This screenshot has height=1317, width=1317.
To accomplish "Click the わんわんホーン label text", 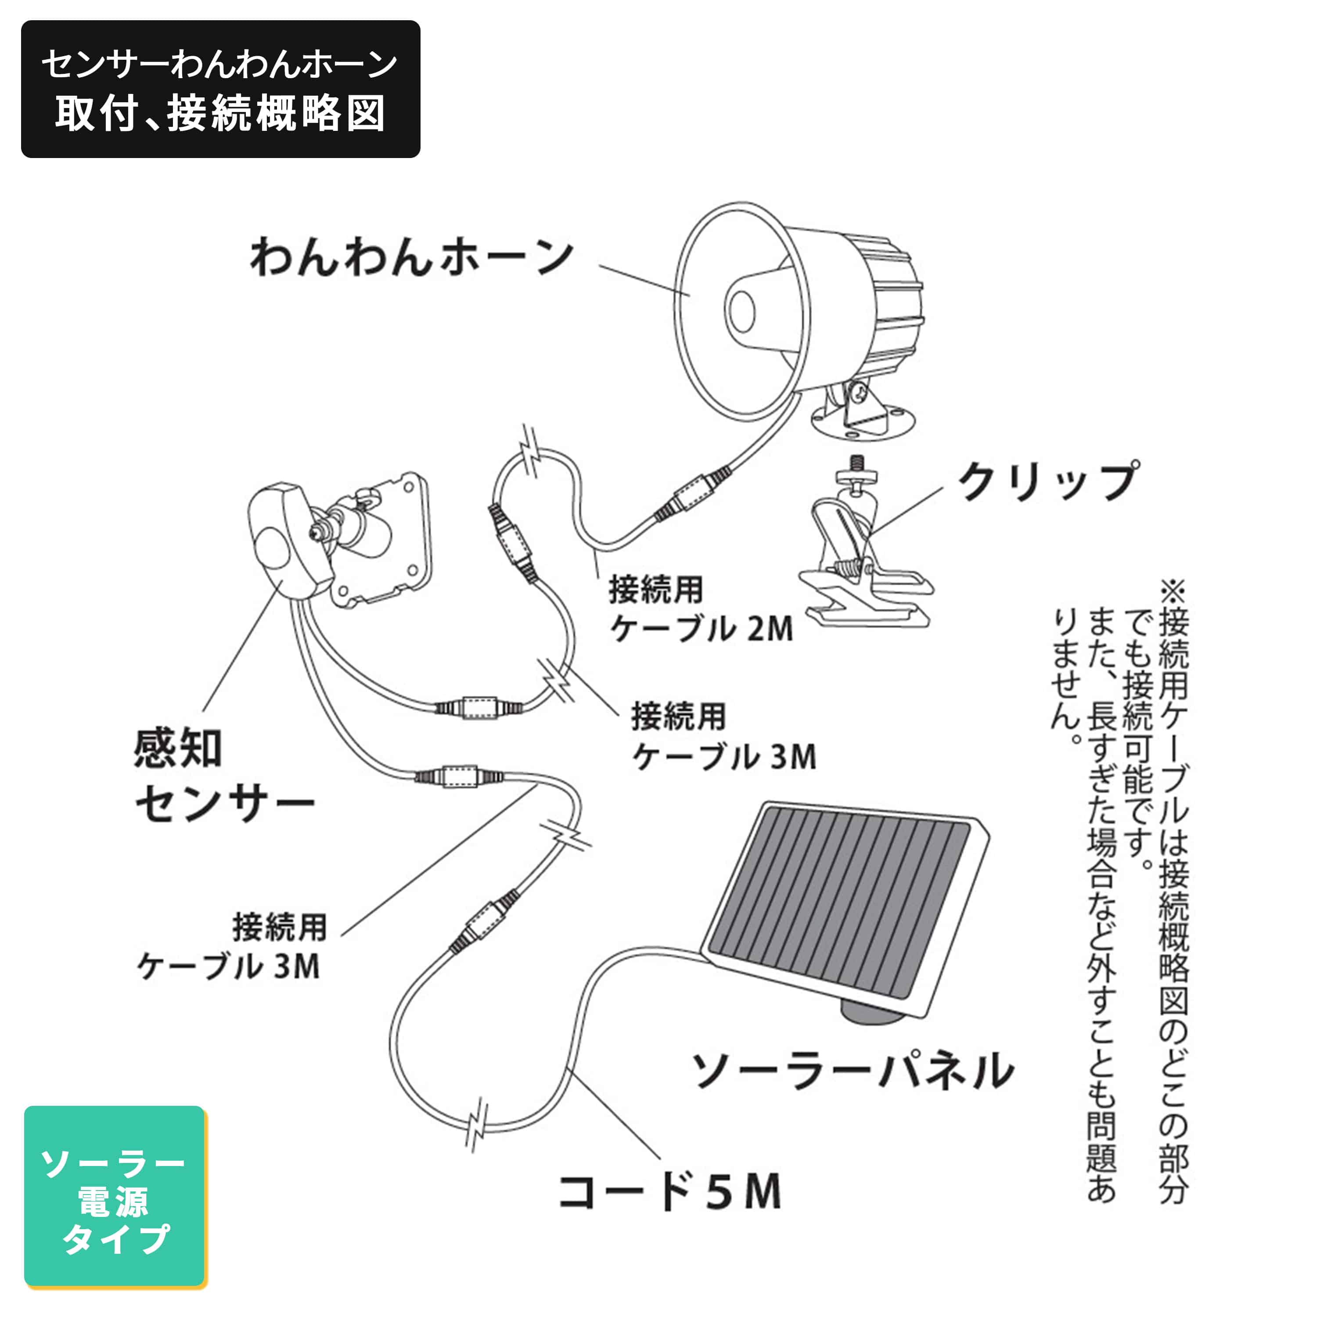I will point(411,258).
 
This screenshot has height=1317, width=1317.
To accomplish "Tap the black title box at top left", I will point(220,89).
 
